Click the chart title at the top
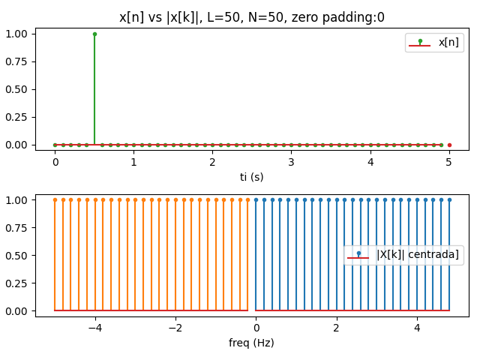pos(252,16)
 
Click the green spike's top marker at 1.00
pos(94,34)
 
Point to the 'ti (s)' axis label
pos(252,177)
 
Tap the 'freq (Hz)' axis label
pos(252,343)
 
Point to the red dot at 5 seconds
pos(449,145)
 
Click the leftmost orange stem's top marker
pos(55,199)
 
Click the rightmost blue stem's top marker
pos(449,199)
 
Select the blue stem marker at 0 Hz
pos(256,199)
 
